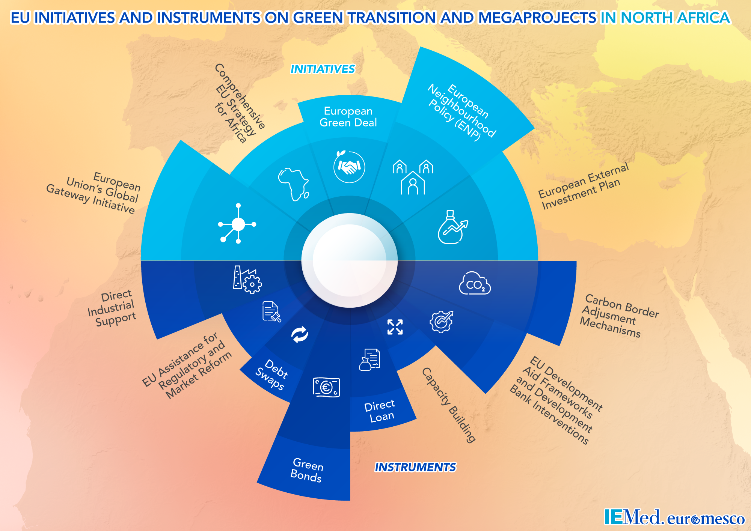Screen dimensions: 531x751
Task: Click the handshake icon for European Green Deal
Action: click(349, 167)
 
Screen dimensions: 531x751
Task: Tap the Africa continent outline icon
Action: click(293, 184)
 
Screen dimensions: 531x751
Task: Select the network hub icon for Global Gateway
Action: click(238, 224)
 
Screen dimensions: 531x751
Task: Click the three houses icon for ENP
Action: click(413, 177)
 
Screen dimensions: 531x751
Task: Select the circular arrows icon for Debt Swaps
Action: click(300, 334)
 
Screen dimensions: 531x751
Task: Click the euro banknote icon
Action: click(326, 387)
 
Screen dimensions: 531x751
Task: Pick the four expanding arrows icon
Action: click(395, 327)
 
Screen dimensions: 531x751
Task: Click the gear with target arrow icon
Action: click(442, 322)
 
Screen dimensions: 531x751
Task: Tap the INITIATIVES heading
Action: click(323, 69)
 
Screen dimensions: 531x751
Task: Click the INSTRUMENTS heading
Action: click(415, 467)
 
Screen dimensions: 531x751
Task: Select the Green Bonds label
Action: click(307, 471)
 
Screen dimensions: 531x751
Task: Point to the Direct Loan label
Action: click(380, 411)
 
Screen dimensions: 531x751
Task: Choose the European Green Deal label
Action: click(348, 117)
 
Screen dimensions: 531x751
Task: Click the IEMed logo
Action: click(632, 517)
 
